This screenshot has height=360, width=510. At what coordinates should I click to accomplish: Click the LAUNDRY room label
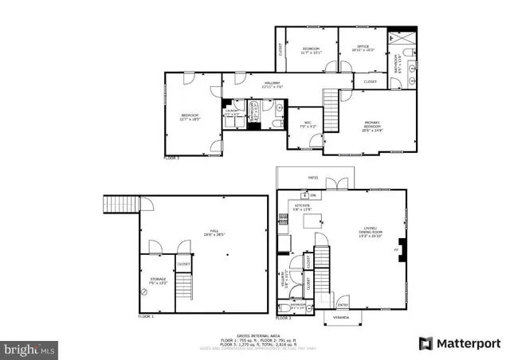click(232, 114)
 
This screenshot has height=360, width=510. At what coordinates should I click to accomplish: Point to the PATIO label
click(313, 177)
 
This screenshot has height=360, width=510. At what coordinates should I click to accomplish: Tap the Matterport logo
click(461, 343)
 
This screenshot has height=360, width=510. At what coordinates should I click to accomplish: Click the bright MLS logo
click(30, 349)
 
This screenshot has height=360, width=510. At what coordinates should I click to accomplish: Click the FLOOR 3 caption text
click(171, 158)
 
